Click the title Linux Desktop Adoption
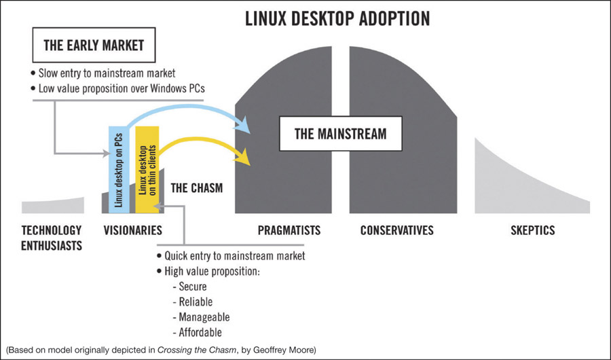tap(337, 18)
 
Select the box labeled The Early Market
tap(93, 46)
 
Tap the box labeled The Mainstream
tap(340, 133)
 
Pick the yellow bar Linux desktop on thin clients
tap(147, 163)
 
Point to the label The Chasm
tap(196, 187)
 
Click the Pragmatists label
tap(289, 230)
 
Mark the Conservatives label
tap(396, 230)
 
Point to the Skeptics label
tap(532, 230)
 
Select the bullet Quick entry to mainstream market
tap(235, 256)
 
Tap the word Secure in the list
tap(193, 287)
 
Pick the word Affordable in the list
tap(200, 332)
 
